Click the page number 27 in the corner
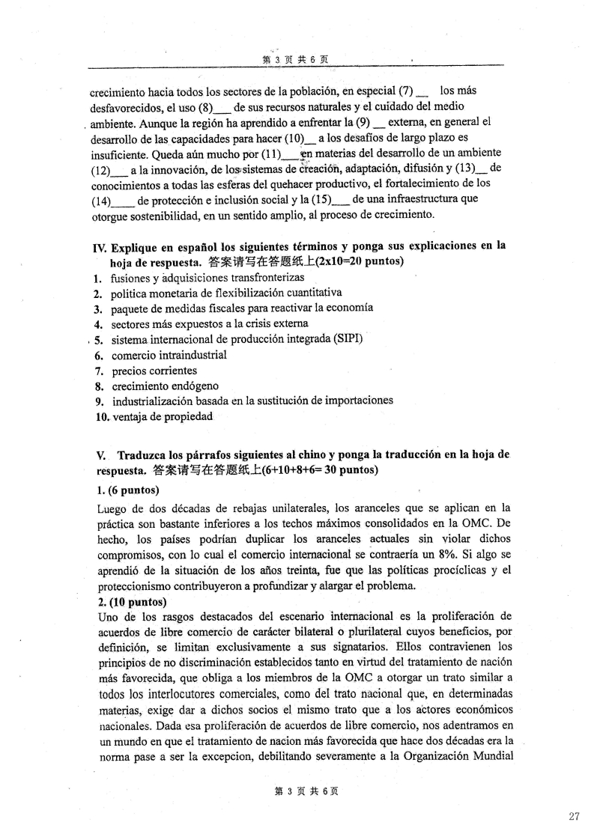coord(574,817)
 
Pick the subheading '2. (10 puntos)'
coord(131,602)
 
